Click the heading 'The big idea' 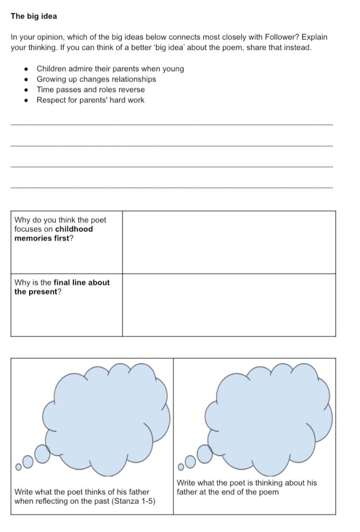pos(34,16)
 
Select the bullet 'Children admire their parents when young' pos(110,69)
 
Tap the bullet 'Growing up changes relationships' pos(96,79)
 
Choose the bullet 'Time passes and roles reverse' pos(91,89)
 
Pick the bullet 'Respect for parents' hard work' pos(90,100)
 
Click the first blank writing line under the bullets pos(171,124)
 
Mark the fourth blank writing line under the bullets pos(171,187)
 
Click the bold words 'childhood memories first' pos(54,233)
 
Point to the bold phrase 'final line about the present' pos(62,287)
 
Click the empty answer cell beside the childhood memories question pos(229,242)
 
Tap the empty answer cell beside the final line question pos(229,305)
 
